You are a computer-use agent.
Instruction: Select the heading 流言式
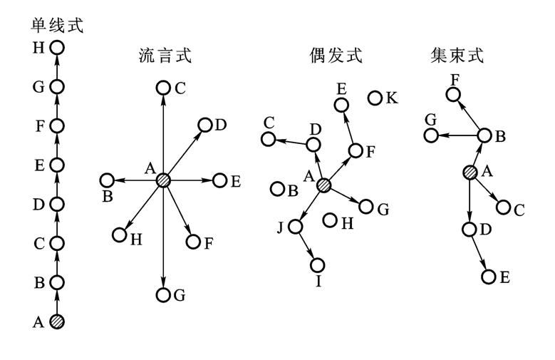(165, 56)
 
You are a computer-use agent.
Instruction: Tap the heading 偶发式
(336, 56)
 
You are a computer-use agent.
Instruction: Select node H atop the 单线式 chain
(58, 48)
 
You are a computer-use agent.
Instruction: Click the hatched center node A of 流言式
(164, 180)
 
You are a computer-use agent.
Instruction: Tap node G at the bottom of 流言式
(163, 294)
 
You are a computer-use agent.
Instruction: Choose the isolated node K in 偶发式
(375, 98)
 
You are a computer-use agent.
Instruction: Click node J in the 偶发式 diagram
(296, 227)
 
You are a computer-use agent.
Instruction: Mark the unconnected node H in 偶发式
(330, 220)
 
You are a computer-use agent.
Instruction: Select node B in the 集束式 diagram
(484, 135)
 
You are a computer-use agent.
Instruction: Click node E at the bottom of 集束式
(488, 277)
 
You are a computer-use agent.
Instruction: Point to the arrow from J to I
(307, 247)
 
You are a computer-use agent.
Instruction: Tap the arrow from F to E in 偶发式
(349, 128)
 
